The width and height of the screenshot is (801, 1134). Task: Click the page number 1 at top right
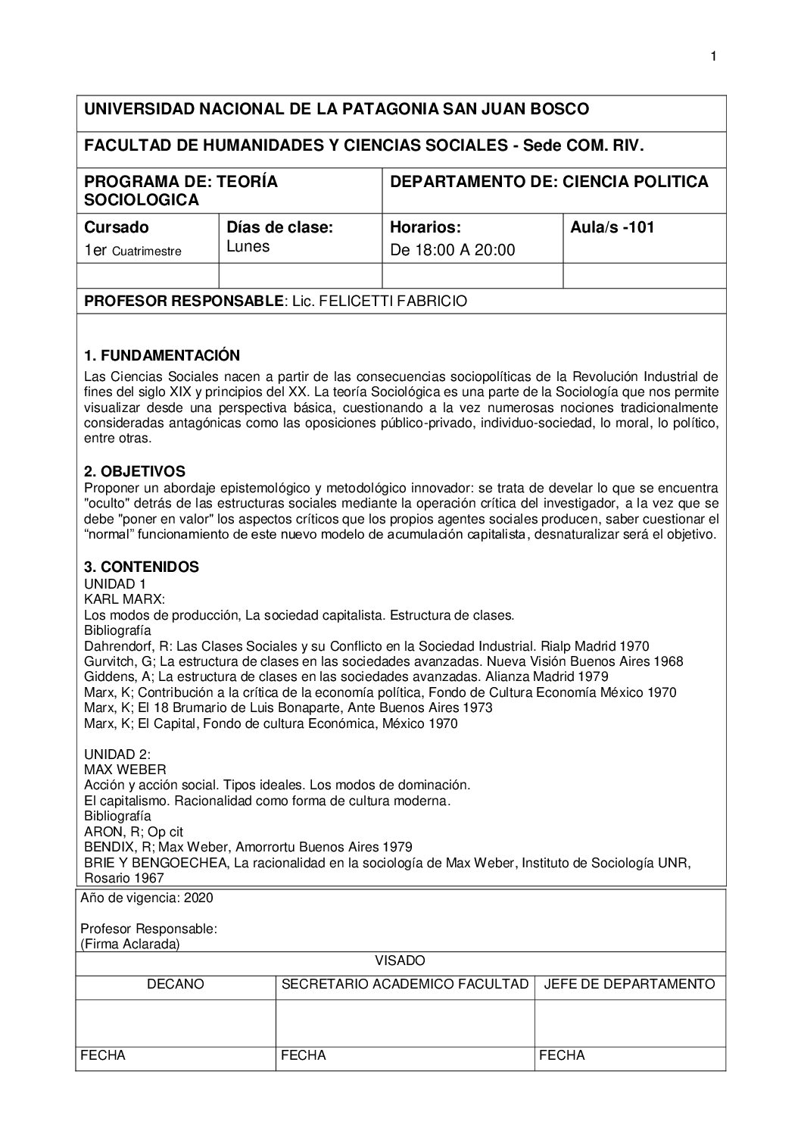tap(713, 55)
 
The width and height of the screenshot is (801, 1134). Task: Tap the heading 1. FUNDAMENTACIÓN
tap(162, 355)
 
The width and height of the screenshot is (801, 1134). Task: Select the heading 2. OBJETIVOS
tap(134, 471)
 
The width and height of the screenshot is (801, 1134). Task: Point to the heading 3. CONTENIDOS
tap(142, 567)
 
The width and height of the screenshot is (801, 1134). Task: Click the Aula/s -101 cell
tap(612, 227)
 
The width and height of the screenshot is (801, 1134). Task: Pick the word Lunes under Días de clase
tap(248, 247)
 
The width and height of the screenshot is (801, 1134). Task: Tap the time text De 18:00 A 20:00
tap(452, 250)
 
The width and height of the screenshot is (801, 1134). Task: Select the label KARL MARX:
tap(124, 599)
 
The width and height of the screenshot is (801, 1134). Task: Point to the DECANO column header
tap(176, 984)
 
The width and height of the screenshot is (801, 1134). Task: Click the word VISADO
tap(400, 961)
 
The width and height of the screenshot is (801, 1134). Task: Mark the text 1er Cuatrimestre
tap(132, 251)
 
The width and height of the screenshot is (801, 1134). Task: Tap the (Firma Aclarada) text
tap(129, 944)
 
